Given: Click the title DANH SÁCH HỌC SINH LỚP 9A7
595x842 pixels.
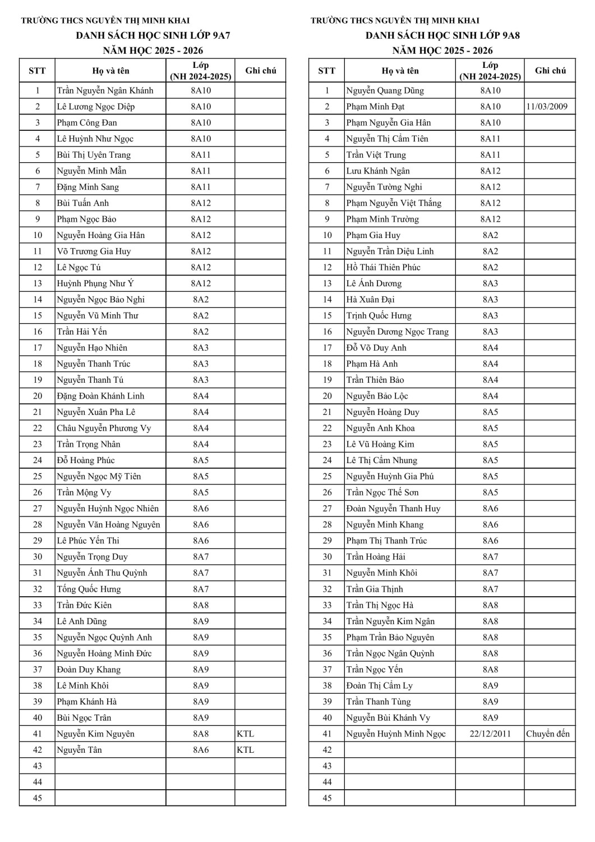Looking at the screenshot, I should pyautogui.click(x=153, y=35).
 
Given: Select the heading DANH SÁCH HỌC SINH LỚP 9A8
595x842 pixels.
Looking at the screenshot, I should pyautogui.click(x=442, y=35).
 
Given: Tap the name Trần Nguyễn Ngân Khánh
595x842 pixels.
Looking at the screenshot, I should pyautogui.click(x=105, y=90).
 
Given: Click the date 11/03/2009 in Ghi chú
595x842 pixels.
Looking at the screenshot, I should pyautogui.click(x=547, y=107).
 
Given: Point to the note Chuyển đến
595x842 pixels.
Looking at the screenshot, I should pyautogui.click(x=548, y=734).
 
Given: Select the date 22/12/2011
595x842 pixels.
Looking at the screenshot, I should pyautogui.click(x=490, y=734).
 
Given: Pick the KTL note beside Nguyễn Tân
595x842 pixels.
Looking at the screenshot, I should pyautogui.click(x=245, y=750).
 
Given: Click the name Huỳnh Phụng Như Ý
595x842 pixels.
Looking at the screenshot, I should pyautogui.click(x=95, y=283).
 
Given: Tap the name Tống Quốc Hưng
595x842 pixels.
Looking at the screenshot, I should pyautogui.click(x=89, y=589).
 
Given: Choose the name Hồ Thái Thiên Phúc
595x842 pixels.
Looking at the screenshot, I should pyautogui.click(x=383, y=267).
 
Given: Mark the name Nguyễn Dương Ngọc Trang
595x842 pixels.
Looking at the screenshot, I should pyautogui.click(x=397, y=332).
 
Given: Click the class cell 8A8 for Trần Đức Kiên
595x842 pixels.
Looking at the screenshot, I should pyautogui.click(x=201, y=605).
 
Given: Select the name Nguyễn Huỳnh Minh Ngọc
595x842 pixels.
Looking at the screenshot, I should pyautogui.click(x=396, y=734).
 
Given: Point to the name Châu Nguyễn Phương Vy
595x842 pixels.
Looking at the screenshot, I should pyautogui.click(x=104, y=428).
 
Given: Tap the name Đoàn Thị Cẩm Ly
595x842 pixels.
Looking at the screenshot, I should pyautogui.click(x=380, y=685).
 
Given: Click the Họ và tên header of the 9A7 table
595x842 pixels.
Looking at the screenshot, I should pyautogui.click(x=110, y=71).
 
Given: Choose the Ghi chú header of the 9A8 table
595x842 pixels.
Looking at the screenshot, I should pyautogui.click(x=550, y=71).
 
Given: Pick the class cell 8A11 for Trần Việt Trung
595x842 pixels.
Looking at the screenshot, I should pyautogui.click(x=490, y=155).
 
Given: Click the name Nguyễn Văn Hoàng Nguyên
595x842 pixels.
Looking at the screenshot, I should pyautogui.click(x=108, y=525).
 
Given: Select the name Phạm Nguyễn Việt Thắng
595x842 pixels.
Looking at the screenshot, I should pyautogui.click(x=394, y=203).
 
